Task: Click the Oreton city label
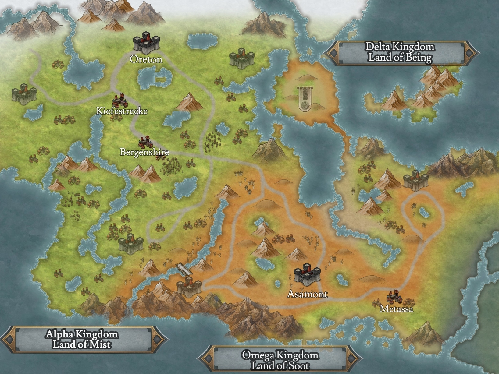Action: [146, 59]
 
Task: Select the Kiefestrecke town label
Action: [122, 111]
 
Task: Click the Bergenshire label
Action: [144, 152]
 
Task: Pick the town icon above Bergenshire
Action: [145, 141]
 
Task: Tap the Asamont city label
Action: [307, 294]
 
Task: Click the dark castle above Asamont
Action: [307, 274]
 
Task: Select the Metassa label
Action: [396, 309]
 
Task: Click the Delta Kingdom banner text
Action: [400, 47]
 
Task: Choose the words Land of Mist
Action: [82, 344]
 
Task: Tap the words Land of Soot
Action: [280, 365]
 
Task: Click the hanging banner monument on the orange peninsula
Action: [305, 98]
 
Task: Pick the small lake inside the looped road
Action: [423, 212]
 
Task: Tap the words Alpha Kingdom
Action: [82, 334]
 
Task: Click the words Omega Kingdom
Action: [280, 355]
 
